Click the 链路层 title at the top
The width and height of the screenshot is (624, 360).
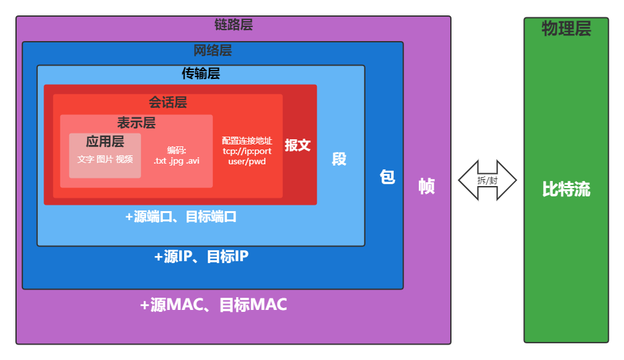233,25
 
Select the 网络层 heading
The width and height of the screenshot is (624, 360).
212,51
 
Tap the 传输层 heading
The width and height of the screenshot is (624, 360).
201,74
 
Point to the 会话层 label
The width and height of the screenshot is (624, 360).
168,103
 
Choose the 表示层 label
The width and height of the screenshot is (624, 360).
136,123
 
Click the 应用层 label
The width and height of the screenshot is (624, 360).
105,142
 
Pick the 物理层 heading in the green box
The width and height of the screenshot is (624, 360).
566,29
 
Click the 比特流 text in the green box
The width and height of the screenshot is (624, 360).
566,190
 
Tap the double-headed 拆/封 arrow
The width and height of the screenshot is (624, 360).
487,180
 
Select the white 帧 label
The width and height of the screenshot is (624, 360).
426,186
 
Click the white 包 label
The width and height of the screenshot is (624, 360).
387,177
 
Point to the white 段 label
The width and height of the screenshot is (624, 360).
339,159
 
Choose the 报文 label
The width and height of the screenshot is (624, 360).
298,145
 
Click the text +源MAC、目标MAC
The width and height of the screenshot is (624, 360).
214,305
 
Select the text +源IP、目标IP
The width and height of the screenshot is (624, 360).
201,257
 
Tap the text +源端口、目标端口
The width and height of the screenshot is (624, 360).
181,217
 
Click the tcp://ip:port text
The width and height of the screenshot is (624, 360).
247,151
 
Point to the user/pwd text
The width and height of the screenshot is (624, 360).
247,162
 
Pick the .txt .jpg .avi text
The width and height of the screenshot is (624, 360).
176,160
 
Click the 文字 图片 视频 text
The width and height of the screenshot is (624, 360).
105,159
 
